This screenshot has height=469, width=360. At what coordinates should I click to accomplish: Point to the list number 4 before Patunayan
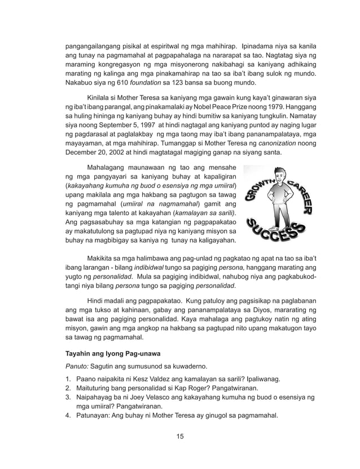(67, 418)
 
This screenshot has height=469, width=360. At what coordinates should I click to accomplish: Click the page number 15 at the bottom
(179, 436)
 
